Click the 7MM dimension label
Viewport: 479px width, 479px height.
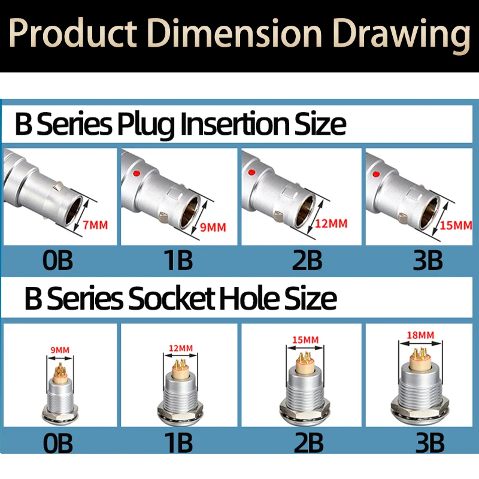95,225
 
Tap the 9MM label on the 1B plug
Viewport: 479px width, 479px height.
213,228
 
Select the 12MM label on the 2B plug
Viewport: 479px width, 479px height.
332,223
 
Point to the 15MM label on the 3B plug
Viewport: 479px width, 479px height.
456,226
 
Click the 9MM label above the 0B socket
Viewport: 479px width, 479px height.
60,350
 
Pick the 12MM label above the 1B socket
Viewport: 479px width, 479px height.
181,348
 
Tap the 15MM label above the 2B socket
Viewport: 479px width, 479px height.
305,339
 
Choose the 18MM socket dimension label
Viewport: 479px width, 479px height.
420,335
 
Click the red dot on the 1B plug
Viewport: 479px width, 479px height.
137,174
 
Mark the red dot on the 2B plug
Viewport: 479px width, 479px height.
252,172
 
